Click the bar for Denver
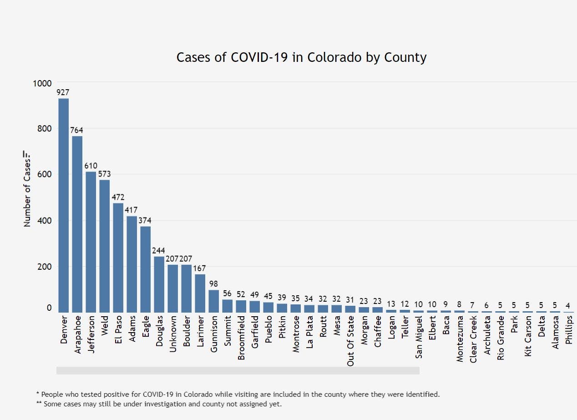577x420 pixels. (x=64, y=205)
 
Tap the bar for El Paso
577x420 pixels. (x=118, y=258)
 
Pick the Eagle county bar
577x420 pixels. (x=146, y=269)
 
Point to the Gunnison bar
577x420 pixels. (x=214, y=301)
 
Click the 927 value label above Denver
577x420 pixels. (x=63, y=92)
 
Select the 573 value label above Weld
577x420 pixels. (x=104, y=174)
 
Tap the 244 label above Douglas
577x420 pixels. (x=159, y=251)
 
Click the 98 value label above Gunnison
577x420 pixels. (x=213, y=284)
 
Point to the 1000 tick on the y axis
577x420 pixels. (x=43, y=83)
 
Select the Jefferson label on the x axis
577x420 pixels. (x=91, y=332)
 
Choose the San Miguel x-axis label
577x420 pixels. (x=419, y=337)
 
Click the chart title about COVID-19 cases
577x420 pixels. (x=301, y=58)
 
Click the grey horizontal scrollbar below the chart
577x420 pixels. (x=238, y=371)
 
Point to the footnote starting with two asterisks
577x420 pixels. (x=159, y=404)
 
